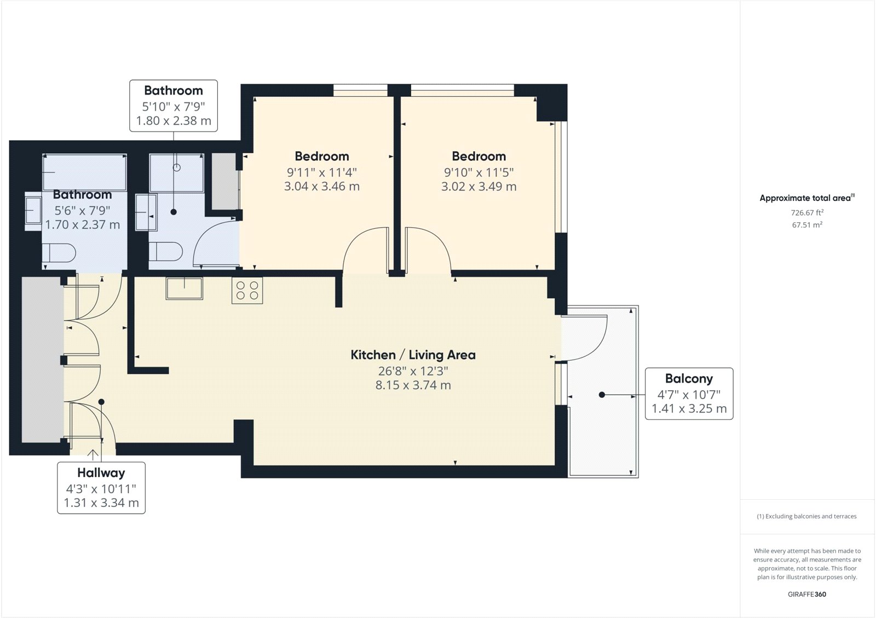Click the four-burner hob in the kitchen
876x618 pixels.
click(x=247, y=291)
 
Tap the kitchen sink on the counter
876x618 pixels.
click(x=185, y=288)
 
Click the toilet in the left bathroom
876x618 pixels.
click(x=59, y=252)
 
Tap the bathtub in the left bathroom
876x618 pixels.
click(x=84, y=172)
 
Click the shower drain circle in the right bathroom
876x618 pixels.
click(x=176, y=168)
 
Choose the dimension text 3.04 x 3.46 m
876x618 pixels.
click(x=321, y=186)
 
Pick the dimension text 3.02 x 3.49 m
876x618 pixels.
click(x=479, y=186)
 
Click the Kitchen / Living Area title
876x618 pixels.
click(x=413, y=355)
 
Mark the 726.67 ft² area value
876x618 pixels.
click(x=807, y=212)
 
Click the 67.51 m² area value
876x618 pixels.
click(x=807, y=224)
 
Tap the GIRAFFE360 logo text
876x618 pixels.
click(x=807, y=594)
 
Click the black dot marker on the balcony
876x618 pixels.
click(x=602, y=395)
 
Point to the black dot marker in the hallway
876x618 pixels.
click(x=101, y=402)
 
